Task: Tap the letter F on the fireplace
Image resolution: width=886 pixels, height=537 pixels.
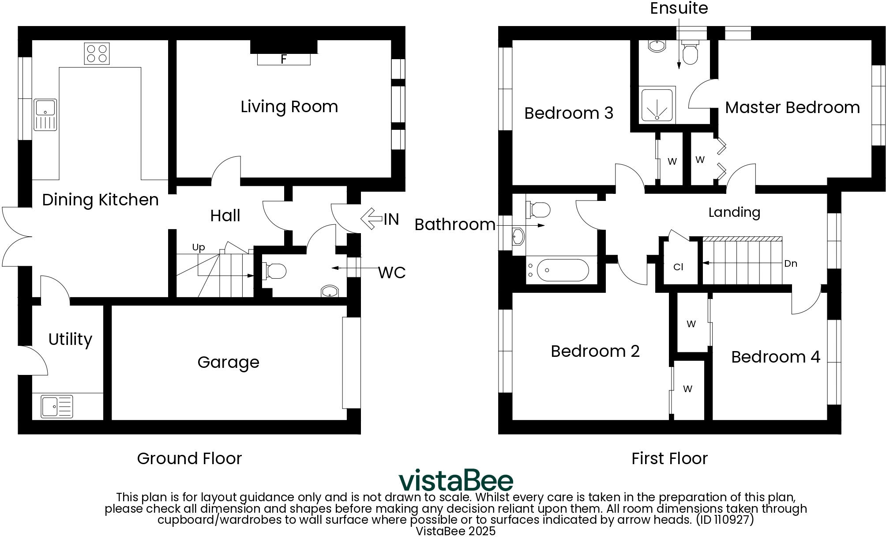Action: pyautogui.click(x=284, y=59)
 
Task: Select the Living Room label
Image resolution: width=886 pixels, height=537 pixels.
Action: pyautogui.click(x=289, y=107)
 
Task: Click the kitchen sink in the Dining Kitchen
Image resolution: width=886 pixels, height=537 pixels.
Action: pyautogui.click(x=45, y=114)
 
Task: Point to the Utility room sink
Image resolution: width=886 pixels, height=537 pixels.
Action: pyautogui.click(x=57, y=406)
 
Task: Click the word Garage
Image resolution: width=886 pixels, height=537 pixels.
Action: pyautogui.click(x=228, y=362)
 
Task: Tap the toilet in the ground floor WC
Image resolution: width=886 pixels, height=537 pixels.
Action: pyautogui.click(x=275, y=271)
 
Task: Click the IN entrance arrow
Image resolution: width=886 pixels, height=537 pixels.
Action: pyautogui.click(x=372, y=219)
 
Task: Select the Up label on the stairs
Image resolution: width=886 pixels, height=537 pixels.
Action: pyautogui.click(x=198, y=247)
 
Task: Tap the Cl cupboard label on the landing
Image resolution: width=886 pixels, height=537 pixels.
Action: pyautogui.click(x=678, y=267)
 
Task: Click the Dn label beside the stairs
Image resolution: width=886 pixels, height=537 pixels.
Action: pyautogui.click(x=790, y=264)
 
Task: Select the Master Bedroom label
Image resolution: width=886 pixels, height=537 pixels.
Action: pyautogui.click(x=792, y=107)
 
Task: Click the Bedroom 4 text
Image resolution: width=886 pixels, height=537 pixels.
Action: pyautogui.click(x=775, y=357)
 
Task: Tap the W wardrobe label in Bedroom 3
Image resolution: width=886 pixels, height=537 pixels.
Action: pyautogui.click(x=672, y=162)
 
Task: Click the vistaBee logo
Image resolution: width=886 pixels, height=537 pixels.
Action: pyautogui.click(x=456, y=480)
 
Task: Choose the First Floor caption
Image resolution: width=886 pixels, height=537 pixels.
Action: pyautogui.click(x=669, y=458)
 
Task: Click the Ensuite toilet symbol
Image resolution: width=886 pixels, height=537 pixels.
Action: pyautogui.click(x=689, y=53)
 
